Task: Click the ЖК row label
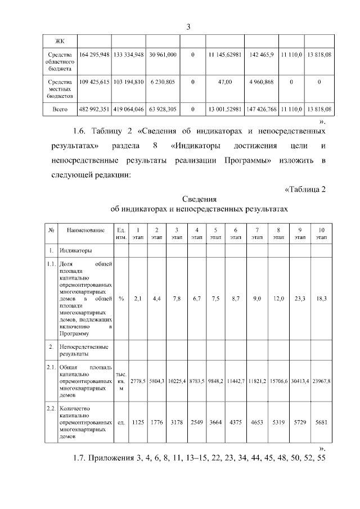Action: [60, 40]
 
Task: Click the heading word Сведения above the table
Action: [200, 199]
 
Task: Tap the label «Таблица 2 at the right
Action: [305, 188]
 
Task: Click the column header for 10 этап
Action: [321, 233]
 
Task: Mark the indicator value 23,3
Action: [300, 299]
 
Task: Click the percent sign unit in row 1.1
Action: [121, 299]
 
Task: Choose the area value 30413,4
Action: [300, 381]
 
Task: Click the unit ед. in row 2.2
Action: [121, 421]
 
